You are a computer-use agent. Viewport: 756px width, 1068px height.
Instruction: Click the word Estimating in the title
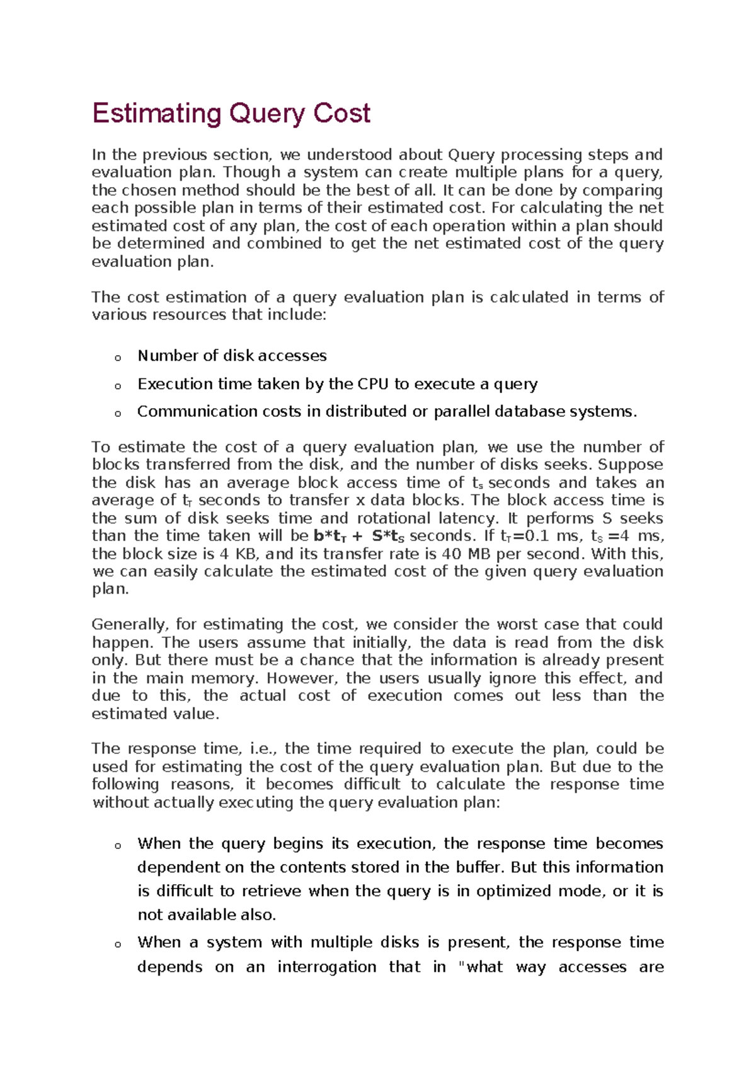156,114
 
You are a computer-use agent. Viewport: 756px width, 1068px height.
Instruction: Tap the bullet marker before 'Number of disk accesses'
118,358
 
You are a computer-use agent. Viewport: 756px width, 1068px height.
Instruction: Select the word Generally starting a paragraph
129,625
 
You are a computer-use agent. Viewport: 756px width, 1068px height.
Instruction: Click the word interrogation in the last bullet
326,967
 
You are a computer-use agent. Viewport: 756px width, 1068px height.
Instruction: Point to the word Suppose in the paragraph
630,465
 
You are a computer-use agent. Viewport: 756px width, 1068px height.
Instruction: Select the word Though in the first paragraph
252,173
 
